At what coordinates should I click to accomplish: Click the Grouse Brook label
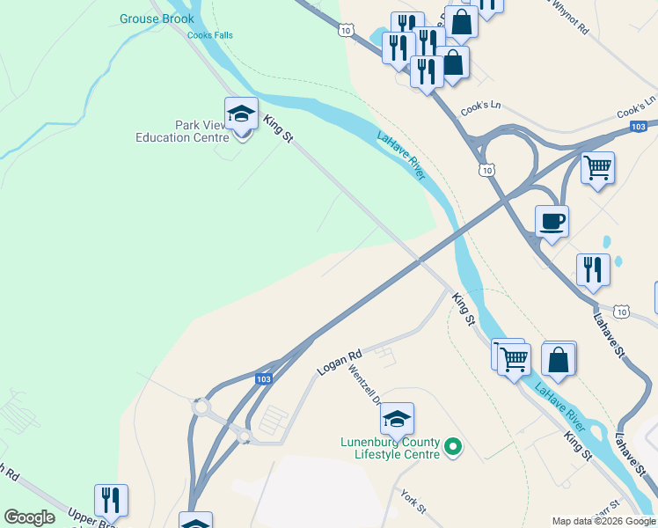pyautogui.click(x=151, y=18)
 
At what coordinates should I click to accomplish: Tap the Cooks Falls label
pyautogui.click(x=209, y=36)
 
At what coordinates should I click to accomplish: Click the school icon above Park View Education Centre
pyautogui.click(x=241, y=114)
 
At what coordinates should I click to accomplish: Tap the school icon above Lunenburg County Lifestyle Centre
pyautogui.click(x=397, y=420)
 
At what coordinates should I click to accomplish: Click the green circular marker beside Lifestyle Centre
pyautogui.click(x=454, y=448)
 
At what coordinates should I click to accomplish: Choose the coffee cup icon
pyautogui.click(x=552, y=223)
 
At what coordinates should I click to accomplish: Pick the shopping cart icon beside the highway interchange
pyautogui.click(x=597, y=168)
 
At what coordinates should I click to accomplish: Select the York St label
pyautogui.click(x=413, y=502)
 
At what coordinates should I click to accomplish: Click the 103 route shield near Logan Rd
pyautogui.click(x=263, y=378)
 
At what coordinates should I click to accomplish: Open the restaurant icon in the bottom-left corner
pyautogui.click(x=111, y=501)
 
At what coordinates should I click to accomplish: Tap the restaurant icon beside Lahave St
pyautogui.click(x=593, y=270)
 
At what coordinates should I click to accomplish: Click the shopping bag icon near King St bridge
pyautogui.click(x=559, y=359)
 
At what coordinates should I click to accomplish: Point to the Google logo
pyautogui.click(x=29, y=517)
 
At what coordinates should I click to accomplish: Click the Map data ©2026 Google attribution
pyautogui.click(x=603, y=521)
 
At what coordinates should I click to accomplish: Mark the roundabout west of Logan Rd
pyautogui.click(x=201, y=408)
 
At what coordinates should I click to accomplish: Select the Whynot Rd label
pyautogui.click(x=569, y=18)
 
